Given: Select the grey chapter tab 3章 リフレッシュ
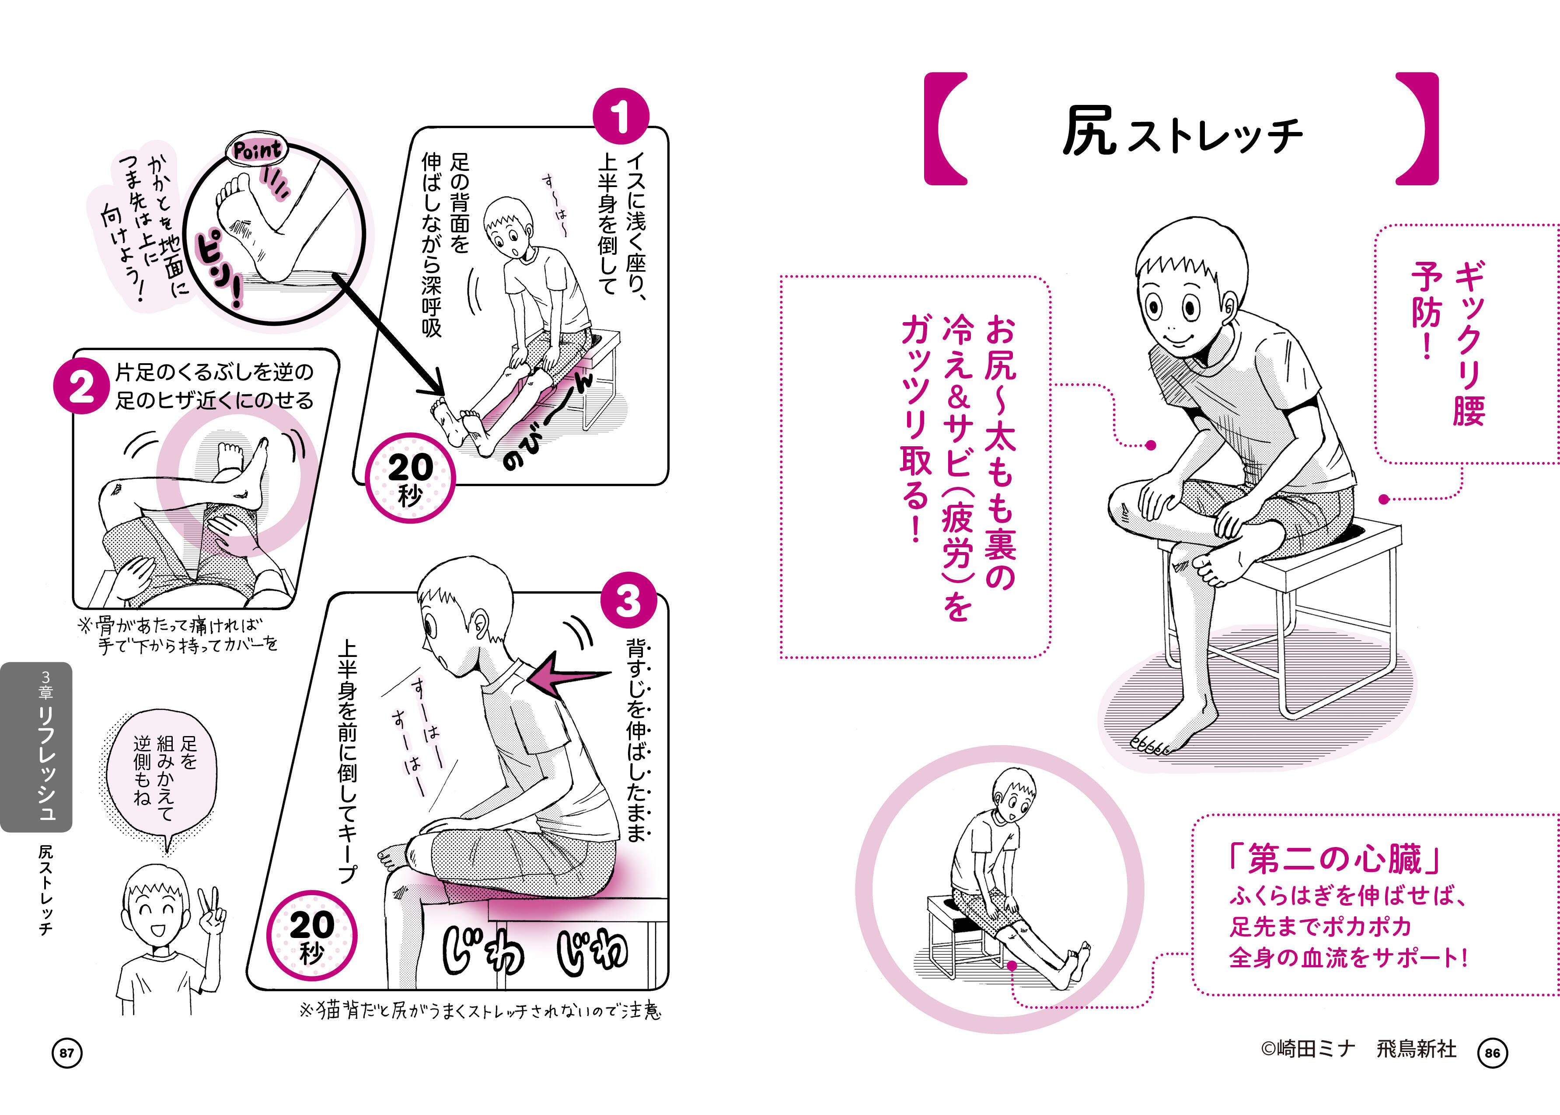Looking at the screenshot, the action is pos(36,747).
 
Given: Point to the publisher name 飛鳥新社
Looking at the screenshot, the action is pos(1417,1049).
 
